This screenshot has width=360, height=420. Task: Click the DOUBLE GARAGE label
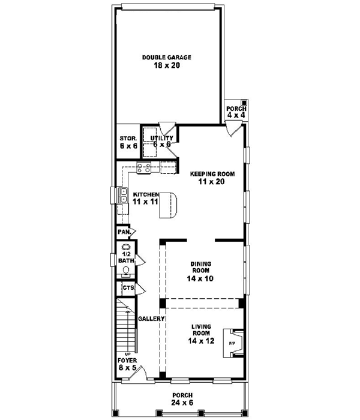pyautogui.click(x=166, y=58)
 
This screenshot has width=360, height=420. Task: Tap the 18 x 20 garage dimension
pyautogui.click(x=166, y=66)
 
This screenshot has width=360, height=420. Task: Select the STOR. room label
pyautogui.click(x=128, y=138)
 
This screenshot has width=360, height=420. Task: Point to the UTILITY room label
pyautogui.click(x=161, y=138)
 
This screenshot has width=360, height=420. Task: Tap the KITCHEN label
pyautogui.click(x=145, y=194)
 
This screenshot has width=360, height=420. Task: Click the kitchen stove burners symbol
pyautogui.click(x=144, y=169)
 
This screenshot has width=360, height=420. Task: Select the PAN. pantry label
pyautogui.click(x=124, y=231)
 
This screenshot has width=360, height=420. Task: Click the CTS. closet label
pyautogui.click(x=127, y=288)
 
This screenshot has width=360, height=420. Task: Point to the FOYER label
pyautogui.click(x=127, y=360)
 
